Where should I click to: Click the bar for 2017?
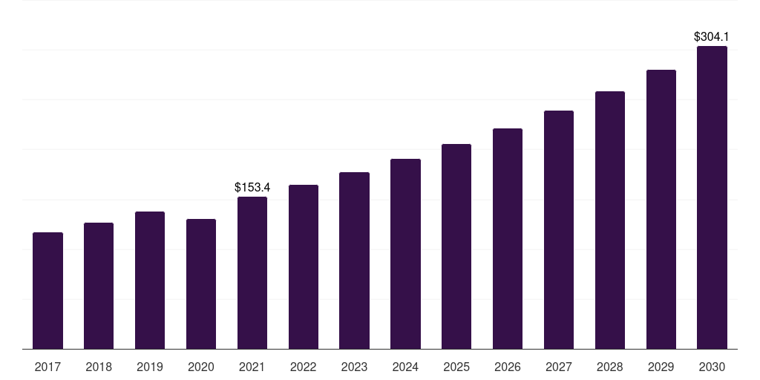click(47, 290)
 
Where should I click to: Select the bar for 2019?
click(150, 280)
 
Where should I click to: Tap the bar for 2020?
click(201, 284)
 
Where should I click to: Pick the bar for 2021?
click(252, 272)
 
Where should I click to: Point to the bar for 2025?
click(456, 246)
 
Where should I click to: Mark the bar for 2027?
click(559, 229)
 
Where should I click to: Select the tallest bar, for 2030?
click(712, 197)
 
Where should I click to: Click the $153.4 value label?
click(252, 187)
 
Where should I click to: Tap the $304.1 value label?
click(711, 36)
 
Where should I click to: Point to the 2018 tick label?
click(99, 367)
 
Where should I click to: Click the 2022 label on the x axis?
click(303, 367)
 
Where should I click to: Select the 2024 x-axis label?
click(405, 367)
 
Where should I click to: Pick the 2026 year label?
click(508, 367)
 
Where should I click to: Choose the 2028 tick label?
click(610, 367)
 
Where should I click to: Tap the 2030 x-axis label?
click(712, 367)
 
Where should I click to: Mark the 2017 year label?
click(47, 367)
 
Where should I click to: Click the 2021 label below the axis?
click(252, 367)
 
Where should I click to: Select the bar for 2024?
click(405, 253)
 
